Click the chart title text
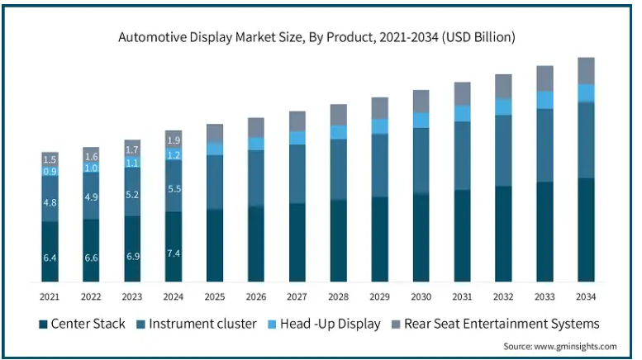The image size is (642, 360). click(316, 37)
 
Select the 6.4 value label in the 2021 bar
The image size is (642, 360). click(50, 258)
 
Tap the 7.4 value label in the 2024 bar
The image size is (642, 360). click(174, 253)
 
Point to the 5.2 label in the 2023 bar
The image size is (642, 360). click(132, 195)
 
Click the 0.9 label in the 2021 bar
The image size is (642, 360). click(50, 171)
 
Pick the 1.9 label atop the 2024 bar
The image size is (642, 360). click(174, 140)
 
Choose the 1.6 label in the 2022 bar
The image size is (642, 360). click(92, 157)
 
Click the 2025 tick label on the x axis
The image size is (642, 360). click(215, 296)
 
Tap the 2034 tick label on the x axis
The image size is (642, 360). click(586, 296)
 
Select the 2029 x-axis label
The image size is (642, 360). click(379, 296)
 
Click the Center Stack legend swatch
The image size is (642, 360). click(43, 324)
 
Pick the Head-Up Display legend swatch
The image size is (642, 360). click(273, 324)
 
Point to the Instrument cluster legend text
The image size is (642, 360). click(202, 324)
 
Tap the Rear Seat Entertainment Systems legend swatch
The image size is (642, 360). click(396, 324)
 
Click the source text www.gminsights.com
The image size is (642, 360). click(575, 347)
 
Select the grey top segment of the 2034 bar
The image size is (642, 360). click(586, 71)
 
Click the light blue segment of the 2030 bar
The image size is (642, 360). click(421, 121)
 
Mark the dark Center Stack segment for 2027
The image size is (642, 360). click(297, 243)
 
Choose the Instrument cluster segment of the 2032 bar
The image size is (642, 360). click(503, 150)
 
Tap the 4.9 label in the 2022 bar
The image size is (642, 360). click(92, 197)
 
